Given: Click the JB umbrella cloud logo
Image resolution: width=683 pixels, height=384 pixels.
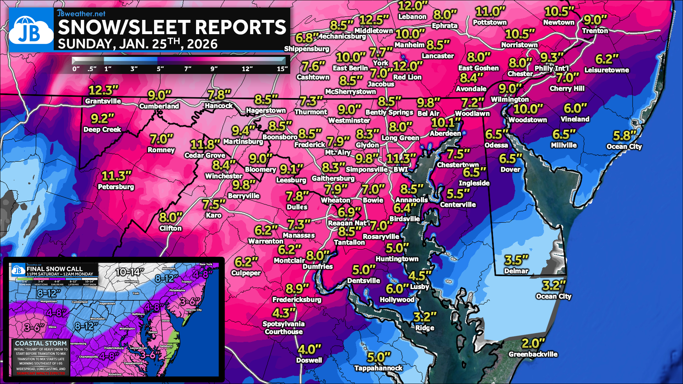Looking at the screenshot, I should (x=31, y=30).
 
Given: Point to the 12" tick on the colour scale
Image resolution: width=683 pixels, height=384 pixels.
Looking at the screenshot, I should (x=247, y=69).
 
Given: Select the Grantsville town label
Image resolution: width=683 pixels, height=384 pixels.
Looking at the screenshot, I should (x=103, y=101).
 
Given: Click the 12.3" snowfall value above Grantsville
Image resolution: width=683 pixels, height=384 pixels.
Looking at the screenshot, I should (x=103, y=90).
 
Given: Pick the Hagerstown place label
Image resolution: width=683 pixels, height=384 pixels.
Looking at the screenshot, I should (x=266, y=111).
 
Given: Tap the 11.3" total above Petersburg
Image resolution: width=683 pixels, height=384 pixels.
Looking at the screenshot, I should (x=116, y=176).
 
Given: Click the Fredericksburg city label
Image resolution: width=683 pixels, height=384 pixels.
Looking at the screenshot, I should (x=297, y=300).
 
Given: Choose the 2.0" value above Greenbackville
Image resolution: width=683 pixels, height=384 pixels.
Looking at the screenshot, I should (x=533, y=343).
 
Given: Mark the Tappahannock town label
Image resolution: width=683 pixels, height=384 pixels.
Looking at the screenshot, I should (x=378, y=368).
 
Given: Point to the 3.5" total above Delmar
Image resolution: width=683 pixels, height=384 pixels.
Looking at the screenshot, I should (x=516, y=260).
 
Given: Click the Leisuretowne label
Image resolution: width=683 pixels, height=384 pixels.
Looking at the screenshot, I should (x=607, y=70).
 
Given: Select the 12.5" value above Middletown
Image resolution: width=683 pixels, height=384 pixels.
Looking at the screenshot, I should (x=374, y=20).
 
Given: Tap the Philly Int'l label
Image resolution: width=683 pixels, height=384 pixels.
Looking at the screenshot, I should (x=551, y=68).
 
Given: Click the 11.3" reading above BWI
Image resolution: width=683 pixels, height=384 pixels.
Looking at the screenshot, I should (x=401, y=159).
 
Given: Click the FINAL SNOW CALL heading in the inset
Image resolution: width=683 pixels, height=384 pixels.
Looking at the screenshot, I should (x=54, y=269).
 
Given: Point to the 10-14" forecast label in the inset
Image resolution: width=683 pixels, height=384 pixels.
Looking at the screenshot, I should (x=130, y=272).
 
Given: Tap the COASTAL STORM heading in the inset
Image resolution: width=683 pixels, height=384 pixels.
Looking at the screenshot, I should (x=41, y=343).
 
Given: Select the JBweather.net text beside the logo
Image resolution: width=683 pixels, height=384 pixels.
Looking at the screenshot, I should (x=81, y=14).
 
